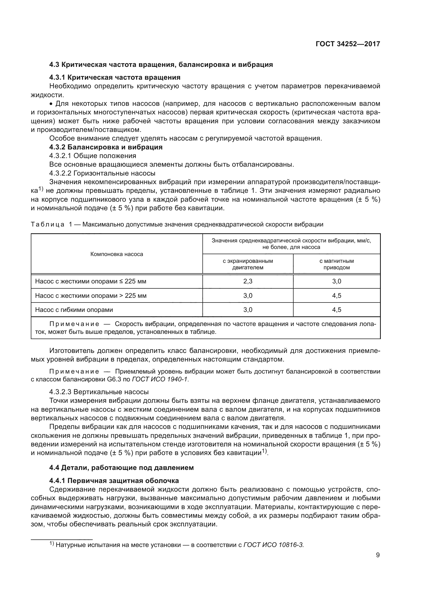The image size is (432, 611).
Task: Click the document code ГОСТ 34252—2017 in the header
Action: pyautogui.click(x=348, y=44)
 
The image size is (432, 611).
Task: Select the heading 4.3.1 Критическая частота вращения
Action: pyautogui.click(x=115, y=77)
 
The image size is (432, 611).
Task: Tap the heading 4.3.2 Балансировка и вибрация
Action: pyautogui.click(x=106, y=147)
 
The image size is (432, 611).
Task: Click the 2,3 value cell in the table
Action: pyautogui.click(x=248, y=281)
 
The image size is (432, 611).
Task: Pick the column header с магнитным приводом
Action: pyautogui.click(x=336, y=264)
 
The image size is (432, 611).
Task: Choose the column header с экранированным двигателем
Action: pyautogui.click(x=248, y=264)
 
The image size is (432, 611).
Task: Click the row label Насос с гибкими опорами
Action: pyautogui.click(x=74, y=310)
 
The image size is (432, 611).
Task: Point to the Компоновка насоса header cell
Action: pyautogui.click(x=116, y=254)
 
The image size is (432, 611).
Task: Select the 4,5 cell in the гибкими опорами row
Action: pyautogui.click(x=336, y=310)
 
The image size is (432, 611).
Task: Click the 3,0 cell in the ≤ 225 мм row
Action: pyautogui.click(x=336, y=281)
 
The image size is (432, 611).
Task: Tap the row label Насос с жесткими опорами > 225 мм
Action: pyautogui.click(x=91, y=296)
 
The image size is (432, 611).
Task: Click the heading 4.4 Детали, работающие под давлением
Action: pyautogui.click(x=121, y=468)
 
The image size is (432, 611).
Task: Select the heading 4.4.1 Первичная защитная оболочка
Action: pyautogui.click(x=114, y=481)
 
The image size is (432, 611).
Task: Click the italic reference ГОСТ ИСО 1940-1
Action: pyautogui.click(x=160, y=380)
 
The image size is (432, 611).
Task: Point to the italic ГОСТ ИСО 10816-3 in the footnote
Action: pyautogui.click(x=273, y=545)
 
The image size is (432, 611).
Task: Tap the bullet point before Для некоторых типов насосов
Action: pyautogui.click(x=51, y=104)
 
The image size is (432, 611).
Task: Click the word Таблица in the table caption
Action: pyautogui.click(x=47, y=224)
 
